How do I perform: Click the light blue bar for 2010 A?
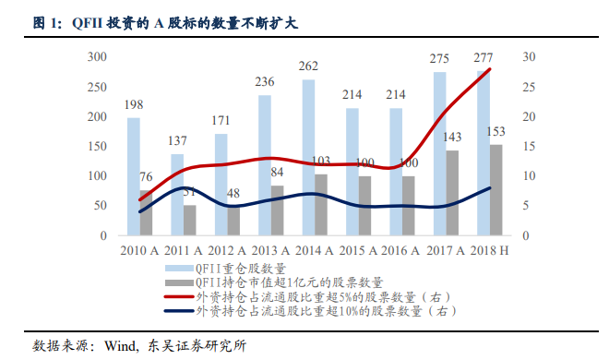pyautogui.click(x=134, y=176)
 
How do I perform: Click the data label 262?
pyautogui.click(x=308, y=66)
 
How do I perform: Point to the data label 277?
pyautogui.click(x=482, y=58)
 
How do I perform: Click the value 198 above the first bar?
pyautogui.click(x=134, y=104)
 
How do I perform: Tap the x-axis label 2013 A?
pyautogui.click(x=271, y=250)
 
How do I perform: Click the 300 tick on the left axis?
pyautogui.click(x=97, y=57)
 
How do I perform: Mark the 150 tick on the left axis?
pyautogui.click(x=97, y=147)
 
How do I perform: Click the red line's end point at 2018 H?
pyautogui.click(x=490, y=69)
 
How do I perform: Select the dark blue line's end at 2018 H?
pyautogui.click(x=490, y=188)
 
